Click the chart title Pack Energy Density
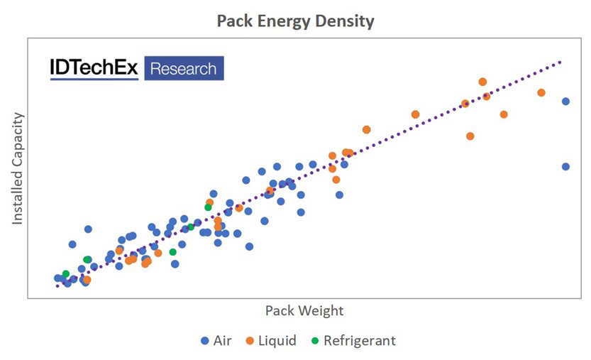295,21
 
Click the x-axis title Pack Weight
304,310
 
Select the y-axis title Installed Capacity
18,168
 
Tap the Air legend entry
222,340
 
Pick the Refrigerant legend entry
359,340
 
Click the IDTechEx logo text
94,68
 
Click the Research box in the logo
184,68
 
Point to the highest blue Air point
565,102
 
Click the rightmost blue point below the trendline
565,167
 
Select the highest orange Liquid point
482,82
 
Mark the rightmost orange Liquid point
541,93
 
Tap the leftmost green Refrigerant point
66,274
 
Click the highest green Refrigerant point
208,207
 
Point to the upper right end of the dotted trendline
560,62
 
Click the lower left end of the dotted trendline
57,285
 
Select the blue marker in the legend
205,341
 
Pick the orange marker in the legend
249,341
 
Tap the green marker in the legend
315,341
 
